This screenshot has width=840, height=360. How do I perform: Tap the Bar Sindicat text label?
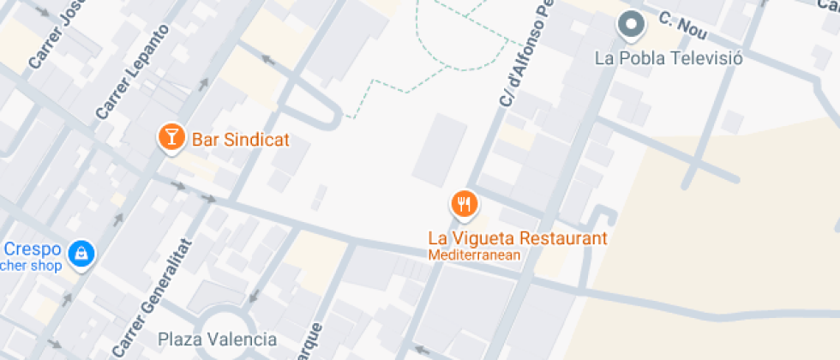[x=241, y=140]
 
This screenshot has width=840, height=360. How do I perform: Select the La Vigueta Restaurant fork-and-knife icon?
[x=465, y=204]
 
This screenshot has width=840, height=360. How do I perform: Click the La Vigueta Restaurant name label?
[x=518, y=238]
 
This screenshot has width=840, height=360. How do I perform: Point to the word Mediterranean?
[x=475, y=255]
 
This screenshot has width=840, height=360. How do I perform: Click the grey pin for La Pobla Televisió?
[x=632, y=26]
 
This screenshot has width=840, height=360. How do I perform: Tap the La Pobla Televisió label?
[x=669, y=58]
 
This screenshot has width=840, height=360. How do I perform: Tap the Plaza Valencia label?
[x=218, y=339]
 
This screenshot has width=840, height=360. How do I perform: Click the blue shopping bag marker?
[x=81, y=253]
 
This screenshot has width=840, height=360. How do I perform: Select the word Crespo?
[x=33, y=249]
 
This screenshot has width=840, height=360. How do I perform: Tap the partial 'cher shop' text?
[x=31, y=266]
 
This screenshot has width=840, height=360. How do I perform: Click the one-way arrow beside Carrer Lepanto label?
[x=204, y=84]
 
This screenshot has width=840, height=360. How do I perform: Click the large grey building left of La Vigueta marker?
[x=440, y=150]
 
